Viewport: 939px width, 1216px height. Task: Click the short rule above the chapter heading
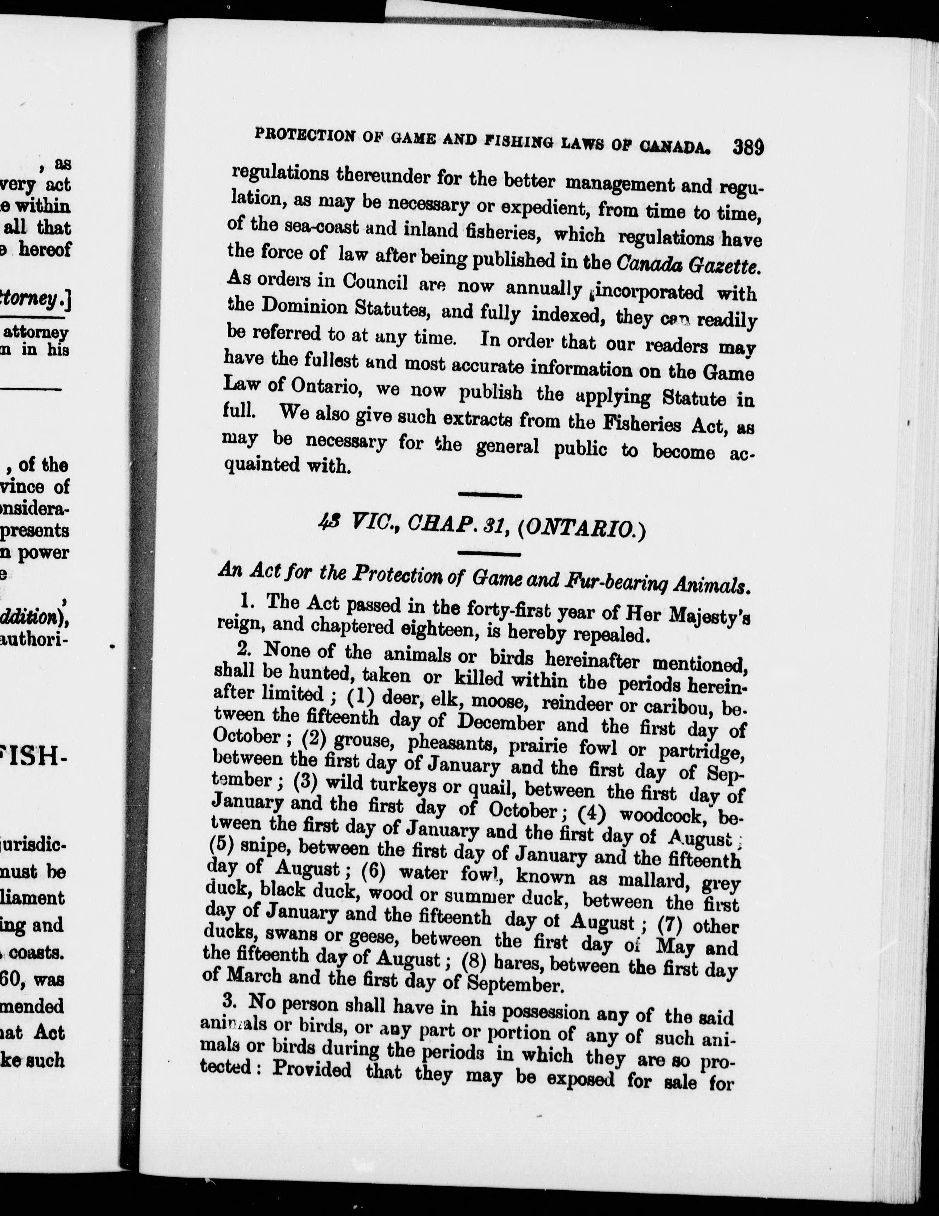tap(489, 494)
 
